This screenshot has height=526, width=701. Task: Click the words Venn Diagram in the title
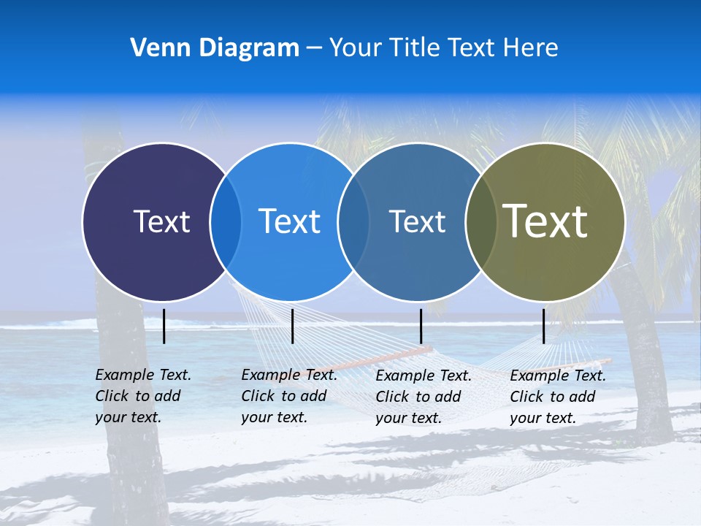(215, 48)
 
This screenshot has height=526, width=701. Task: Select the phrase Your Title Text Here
(443, 48)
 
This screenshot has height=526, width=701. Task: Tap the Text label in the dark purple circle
(161, 221)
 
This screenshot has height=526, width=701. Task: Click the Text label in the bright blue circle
(289, 221)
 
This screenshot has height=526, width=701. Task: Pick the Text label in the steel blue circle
(417, 221)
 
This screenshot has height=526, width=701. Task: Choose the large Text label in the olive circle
(545, 221)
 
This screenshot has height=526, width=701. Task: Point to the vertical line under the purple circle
(164, 326)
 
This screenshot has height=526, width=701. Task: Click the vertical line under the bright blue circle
(292, 326)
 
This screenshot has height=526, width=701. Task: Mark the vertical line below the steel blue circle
(421, 326)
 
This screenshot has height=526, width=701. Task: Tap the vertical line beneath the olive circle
(544, 326)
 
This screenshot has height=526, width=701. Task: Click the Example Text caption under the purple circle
(143, 396)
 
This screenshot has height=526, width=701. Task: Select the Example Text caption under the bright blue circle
(289, 396)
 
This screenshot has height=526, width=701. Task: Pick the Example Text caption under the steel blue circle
(424, 397)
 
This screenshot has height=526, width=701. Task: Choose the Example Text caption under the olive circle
(558, 397)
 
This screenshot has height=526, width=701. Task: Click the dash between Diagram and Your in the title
(314, 48)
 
